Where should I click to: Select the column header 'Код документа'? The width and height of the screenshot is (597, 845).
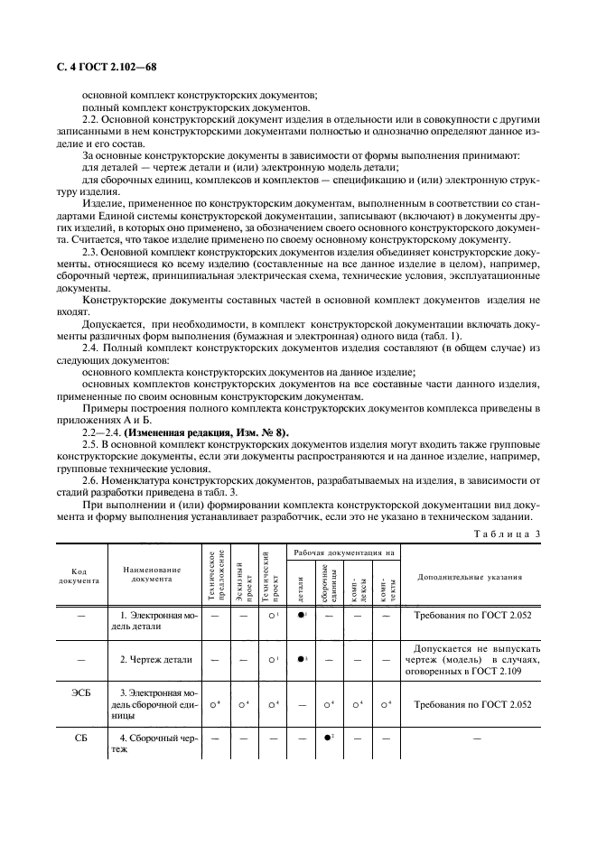(x=79, y=575)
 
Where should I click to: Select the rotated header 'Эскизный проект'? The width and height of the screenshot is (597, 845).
(x=240, y=575)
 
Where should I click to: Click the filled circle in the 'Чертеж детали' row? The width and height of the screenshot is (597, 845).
(x=299, y=659)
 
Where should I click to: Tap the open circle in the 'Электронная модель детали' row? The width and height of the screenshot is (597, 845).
(x=270, y=615)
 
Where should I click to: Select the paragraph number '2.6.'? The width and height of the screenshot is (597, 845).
(x=91, y=480)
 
